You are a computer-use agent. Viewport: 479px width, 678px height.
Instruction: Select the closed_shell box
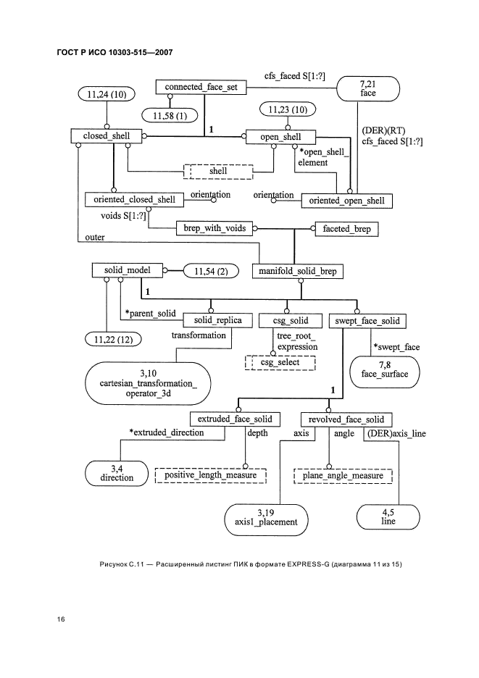(106, 135)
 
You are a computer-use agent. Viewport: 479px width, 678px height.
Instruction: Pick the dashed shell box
(217, 171)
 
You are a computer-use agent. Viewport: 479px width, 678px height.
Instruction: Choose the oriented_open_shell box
(347, 200)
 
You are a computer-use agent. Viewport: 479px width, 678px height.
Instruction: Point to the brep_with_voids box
(214, 228)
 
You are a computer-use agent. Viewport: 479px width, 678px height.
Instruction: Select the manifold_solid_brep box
(297, 271)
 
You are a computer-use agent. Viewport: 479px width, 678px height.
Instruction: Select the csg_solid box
(289, 319)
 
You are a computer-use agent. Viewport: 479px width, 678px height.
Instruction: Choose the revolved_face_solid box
(346, 419)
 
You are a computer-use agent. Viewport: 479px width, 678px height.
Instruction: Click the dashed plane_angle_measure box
(343, 475)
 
